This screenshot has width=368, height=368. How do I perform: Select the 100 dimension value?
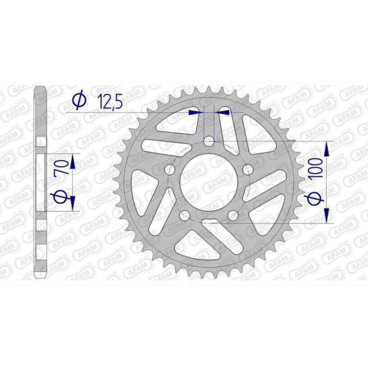click(315, 167)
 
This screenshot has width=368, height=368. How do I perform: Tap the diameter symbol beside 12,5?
click(79, 101)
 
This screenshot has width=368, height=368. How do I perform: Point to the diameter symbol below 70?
click(61, 197)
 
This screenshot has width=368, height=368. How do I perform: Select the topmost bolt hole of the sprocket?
click(209, 141)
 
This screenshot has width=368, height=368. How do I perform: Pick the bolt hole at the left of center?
click(169, 170)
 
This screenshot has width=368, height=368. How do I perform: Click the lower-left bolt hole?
click(184, 215)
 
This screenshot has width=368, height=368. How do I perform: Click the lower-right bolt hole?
click(233, 215)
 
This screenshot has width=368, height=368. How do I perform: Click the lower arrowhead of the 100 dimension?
click(327, 214)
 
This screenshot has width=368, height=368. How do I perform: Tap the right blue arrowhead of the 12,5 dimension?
click(223, 111)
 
